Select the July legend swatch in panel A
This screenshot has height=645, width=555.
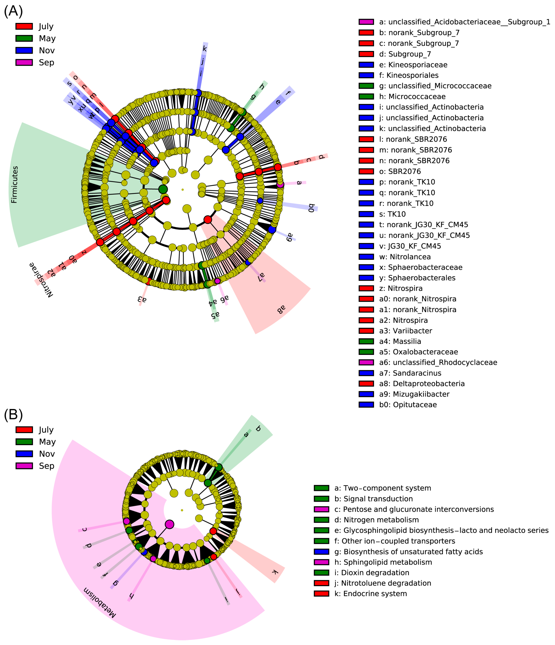click(x=24, y=26)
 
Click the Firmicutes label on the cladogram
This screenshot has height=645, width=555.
click(x=15, y=185)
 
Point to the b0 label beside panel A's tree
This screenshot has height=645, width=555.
click(x=311, y=208)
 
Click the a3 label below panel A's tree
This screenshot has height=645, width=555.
click(x=142, y=300)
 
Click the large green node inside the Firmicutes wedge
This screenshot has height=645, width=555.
click(x=163, y=189)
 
